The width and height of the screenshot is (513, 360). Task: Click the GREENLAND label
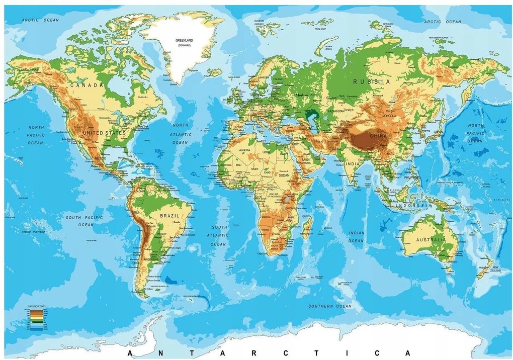click(185, 40)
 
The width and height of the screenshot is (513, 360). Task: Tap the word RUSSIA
click(371, 81)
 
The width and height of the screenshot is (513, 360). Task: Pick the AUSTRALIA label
click(431, 240)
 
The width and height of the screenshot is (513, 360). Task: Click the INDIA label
click(353, 163)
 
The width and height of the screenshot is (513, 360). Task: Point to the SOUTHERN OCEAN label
click(329, 306)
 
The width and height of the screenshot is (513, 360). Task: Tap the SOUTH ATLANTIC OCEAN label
click(219, 235)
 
